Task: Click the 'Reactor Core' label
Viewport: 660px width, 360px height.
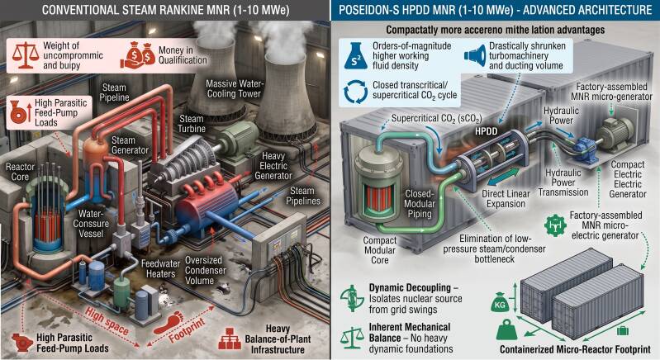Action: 20,172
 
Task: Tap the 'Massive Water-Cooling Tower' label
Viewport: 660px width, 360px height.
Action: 234,88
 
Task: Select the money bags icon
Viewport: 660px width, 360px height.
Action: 138,54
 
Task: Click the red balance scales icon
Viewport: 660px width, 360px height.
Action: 26,54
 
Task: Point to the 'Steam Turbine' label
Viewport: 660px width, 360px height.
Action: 192,124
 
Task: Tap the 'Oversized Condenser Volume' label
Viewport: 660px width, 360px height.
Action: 206,271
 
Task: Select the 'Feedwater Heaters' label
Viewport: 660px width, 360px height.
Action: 160,268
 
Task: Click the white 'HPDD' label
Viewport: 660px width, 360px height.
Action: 487,131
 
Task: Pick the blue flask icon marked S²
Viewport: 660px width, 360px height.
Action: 356,55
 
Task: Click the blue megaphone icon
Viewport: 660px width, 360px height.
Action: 474,55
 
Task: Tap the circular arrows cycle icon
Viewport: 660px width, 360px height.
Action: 356,92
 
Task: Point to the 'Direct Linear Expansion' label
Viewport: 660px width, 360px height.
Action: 506,199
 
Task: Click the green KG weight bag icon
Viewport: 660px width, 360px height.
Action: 500,303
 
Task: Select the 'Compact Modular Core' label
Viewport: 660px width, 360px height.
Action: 380,250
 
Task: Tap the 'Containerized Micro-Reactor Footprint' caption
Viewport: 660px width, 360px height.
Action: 576,349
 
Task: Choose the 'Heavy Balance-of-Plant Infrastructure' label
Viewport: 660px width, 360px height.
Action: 278,339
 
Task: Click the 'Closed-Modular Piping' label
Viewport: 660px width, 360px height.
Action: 420,204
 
